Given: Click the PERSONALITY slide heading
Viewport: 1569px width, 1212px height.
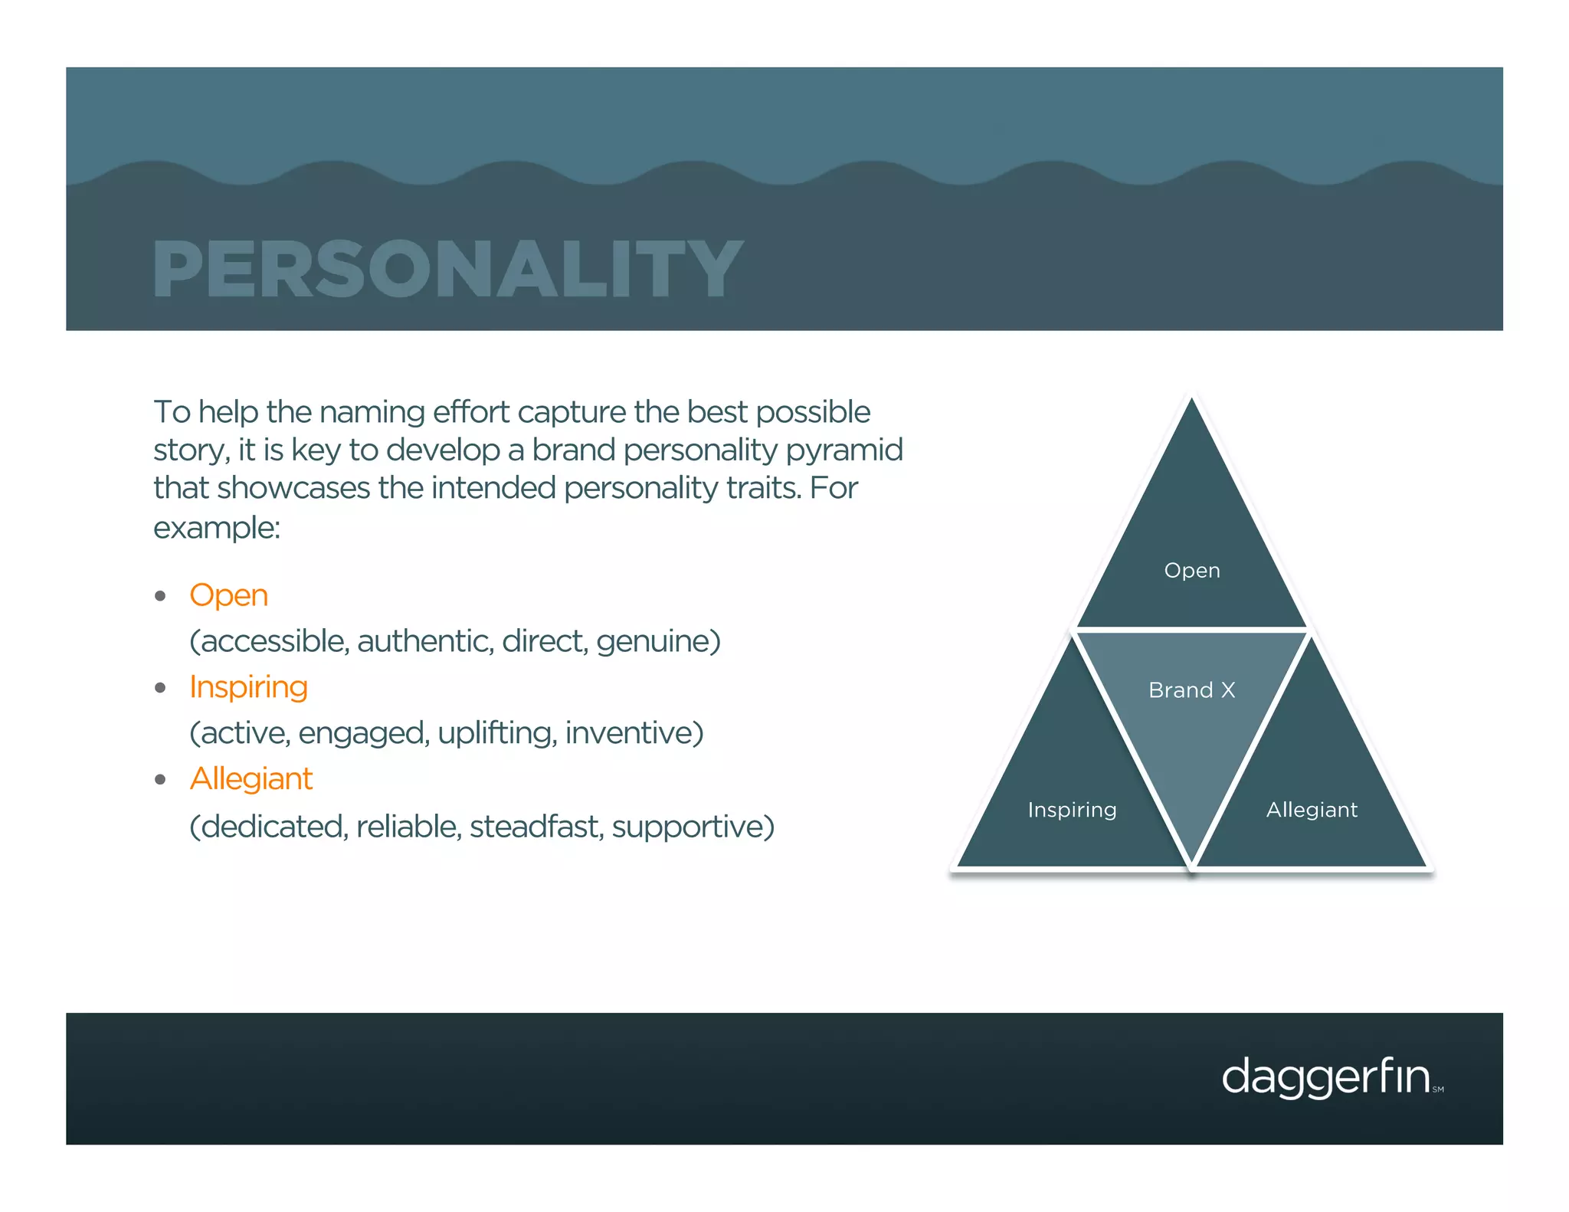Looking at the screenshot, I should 447,269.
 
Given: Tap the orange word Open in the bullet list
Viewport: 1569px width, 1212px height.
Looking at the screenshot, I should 228,595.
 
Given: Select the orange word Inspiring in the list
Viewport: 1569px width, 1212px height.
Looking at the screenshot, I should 248,687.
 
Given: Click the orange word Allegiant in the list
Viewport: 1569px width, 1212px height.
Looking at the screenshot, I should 251,779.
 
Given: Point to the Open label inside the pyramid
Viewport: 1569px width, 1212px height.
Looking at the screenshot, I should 1191,571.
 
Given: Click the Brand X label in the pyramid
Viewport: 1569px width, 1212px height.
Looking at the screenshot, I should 1191,690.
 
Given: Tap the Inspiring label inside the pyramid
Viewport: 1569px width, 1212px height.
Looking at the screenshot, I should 1072,810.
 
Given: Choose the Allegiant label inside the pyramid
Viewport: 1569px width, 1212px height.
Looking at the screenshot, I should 1312,810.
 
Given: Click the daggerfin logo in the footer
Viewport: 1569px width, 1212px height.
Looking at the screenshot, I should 1325,1077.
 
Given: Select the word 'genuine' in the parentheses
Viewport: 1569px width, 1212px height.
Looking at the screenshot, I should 657,642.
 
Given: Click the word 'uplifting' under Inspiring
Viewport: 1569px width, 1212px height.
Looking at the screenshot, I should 496,734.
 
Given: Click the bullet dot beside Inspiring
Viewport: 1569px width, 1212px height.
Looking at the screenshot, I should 160,688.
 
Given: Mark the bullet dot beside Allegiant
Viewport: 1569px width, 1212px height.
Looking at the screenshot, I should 160,780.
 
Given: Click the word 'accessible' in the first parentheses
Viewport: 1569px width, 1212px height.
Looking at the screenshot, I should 272,642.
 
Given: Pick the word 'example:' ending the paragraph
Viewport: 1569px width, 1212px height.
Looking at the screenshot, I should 217,528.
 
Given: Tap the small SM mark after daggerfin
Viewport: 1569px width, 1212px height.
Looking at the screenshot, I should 1438,1089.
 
